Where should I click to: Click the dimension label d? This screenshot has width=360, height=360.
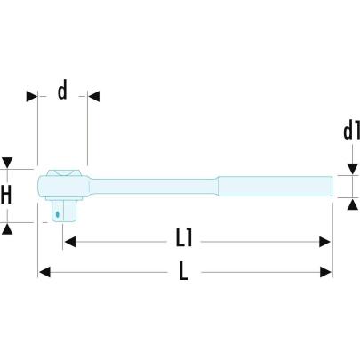pyautogui.click(x=62, y=92)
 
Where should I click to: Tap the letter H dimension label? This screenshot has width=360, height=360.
pyautogui.click(x=7, y=195)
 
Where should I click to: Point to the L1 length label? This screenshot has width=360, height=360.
pyautogui.click(x=184, y=238)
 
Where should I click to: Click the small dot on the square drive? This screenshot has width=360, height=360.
pyautogui.click(x=58, y=212)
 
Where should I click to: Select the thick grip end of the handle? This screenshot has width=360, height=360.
pyautogui.click(x=275, y=187)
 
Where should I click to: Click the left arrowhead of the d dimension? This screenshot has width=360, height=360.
pyautogui.click(x=31, y=96)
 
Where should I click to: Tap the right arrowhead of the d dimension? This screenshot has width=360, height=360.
pyautogui.click(x=93, y=96)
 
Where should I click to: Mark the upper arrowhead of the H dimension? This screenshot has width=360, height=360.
pyautogui.click(x=8, y=164)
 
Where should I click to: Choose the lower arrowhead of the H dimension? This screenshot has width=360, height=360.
pyautogui.click(x=8, y=228)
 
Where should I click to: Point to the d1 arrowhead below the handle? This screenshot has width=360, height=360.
pyautogui.click(x=350, y=204)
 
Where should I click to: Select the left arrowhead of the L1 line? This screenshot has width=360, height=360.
pyautogui.click(x=68, y=240)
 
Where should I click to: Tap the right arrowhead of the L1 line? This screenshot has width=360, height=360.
pyautogui.click(x=326, y=240)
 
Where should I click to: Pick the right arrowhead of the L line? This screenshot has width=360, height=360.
pyautogui.click(x=326, y=272)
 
